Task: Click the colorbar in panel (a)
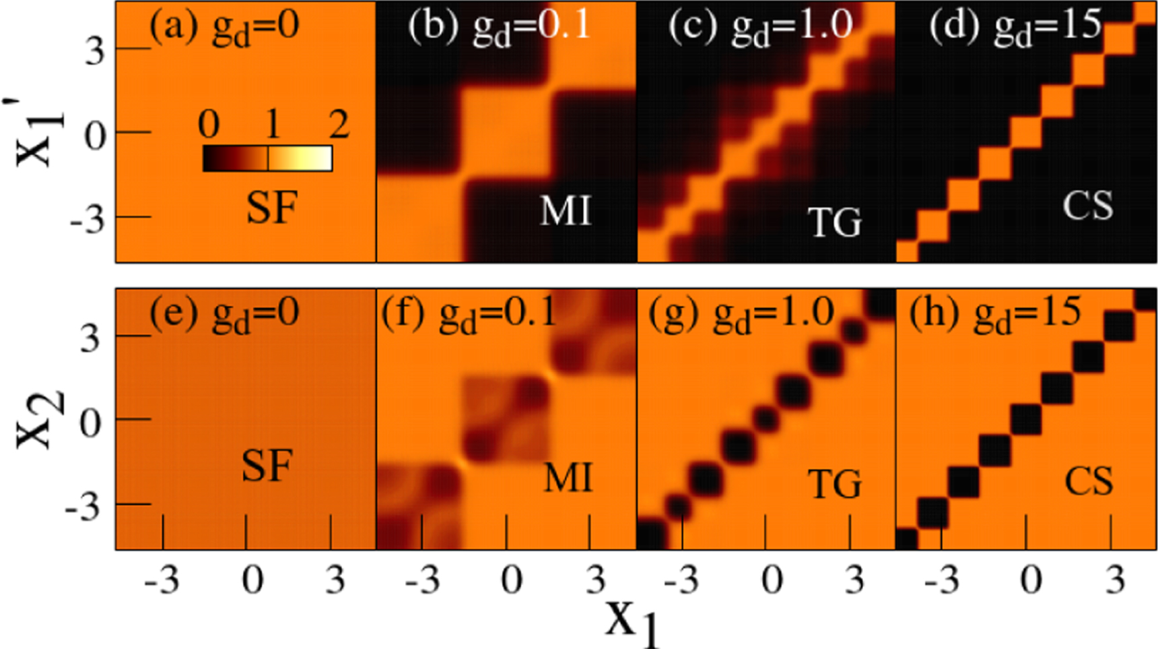[267, 158]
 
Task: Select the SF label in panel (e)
[267, 465]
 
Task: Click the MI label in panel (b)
[566, 211]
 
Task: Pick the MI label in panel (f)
[568, 478]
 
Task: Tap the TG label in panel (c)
[834, 222]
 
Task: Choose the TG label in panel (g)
[834, 483]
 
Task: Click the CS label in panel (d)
[1088, 205]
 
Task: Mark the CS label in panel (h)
[1089, 481]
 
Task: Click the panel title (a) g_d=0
[224, 28]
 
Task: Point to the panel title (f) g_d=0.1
[469, 315]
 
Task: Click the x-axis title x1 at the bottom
[632, 621]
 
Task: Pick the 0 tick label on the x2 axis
[91, 423]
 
